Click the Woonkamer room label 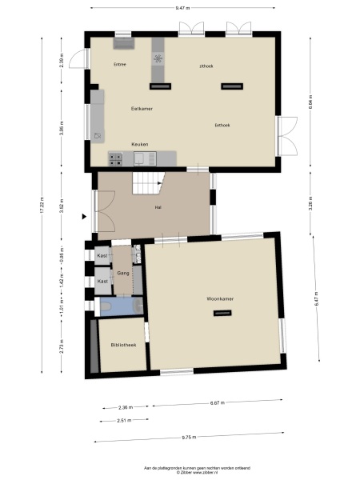[218, 298]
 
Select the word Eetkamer [142, 107]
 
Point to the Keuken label [140, 144]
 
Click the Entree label [120, 64]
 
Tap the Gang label [123, 273]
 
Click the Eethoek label [222, 125]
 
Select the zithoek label [206, 66]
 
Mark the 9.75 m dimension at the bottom [189, 438]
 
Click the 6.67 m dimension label [217, 402]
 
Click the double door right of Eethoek [286, 136]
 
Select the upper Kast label [102, 256]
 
